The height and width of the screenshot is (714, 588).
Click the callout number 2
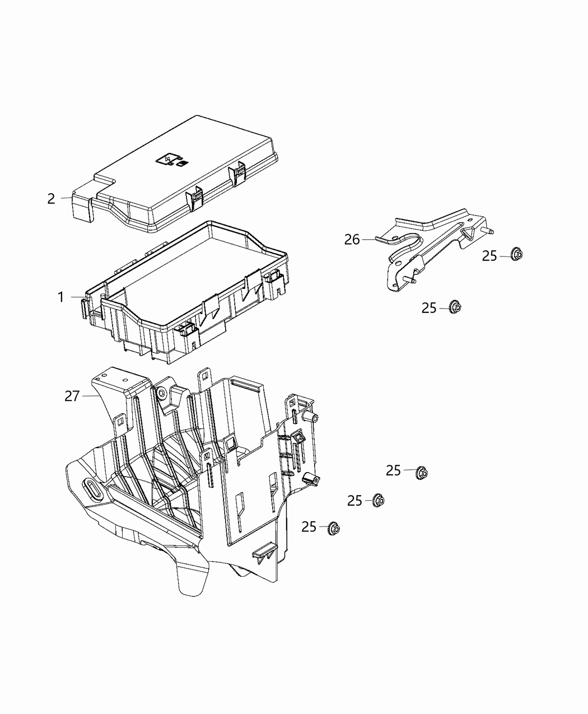51,199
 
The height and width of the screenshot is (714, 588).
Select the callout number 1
60,297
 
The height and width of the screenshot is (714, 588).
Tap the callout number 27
72,396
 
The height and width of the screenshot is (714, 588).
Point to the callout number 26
352,240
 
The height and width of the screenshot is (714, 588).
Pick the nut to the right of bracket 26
517,255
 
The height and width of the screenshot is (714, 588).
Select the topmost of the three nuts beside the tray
421,473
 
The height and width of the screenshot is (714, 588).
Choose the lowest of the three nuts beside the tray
334,527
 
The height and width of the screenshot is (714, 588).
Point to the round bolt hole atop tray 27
161,394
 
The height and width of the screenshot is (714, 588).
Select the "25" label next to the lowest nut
309,527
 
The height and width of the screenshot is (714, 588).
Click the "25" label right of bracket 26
489,256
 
